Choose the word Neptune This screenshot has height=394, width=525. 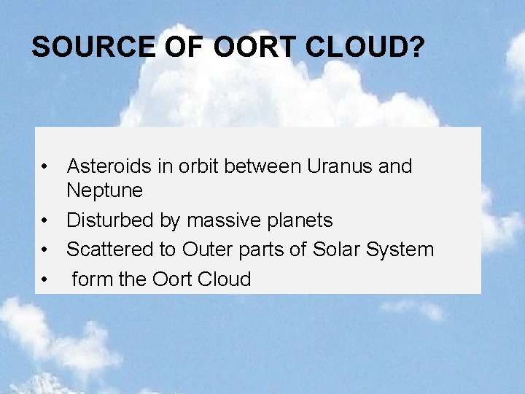(104, 191)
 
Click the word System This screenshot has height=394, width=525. (400, 250)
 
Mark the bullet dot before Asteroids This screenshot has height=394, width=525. (45, 167)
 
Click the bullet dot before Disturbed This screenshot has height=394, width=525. (45, 221)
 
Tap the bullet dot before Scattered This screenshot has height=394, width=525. (45, 250)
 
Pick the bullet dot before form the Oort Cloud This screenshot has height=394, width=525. (45, 279)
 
